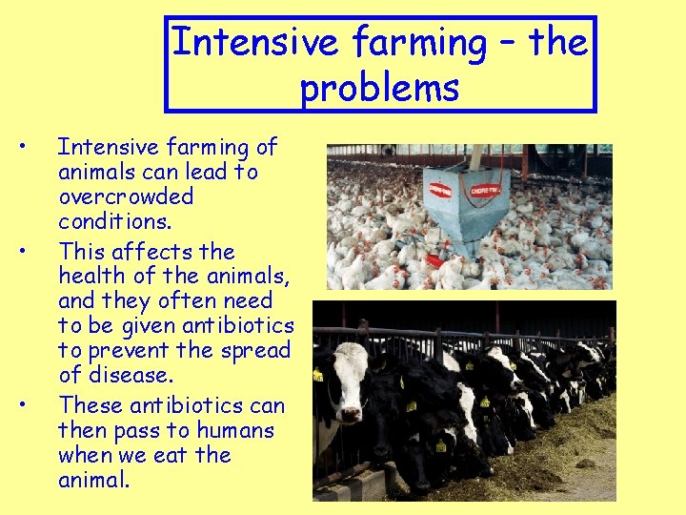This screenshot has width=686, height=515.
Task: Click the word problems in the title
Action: [x=379, y=88]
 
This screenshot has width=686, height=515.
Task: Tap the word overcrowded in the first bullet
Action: [x=126, y=196]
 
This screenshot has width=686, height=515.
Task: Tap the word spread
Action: [x=254, y=351]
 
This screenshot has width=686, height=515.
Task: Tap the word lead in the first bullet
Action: [x=206, y=172]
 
